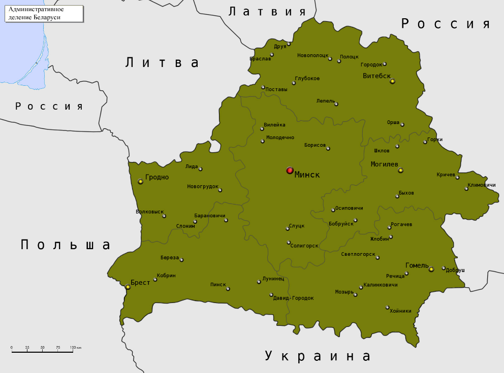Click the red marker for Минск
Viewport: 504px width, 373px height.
pyautogui.click(x=290, y=171)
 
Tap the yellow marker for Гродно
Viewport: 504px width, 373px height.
pyautogui.click(x=141, y=181)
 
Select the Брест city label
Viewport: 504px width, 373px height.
pyautogui.click(x=140, y=282)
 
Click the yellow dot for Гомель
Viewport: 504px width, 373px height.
pyautogui.click(x=431, y=269)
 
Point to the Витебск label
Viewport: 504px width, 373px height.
pyautogui.click(x=376, y=76)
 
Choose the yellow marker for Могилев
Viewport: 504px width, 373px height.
pyautogui.click(x=400, y=171)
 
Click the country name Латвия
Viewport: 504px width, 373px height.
pyautogui.click(x=267, y=12)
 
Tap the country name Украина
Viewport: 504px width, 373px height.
pyautogui.click(x=318, y=356)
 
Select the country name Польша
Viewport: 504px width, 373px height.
pyautogui.click(x=66, y=245)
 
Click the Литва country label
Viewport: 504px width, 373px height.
pyautogui.click(x=162, y=62)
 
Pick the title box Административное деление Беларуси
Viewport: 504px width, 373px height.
pyautogui.click(x=44, y=13)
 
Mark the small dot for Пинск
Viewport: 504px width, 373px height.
pyautogui.click(x=228, y=289)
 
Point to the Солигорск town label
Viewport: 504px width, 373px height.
pyautogui.click(x=304, y=246)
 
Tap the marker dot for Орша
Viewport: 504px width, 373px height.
pyautogui.click(x=402, y=125)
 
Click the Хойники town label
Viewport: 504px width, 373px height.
pyautogui.click(x=400, y=311)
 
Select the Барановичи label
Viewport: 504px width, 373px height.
pyautogui.click(x=209, y=216)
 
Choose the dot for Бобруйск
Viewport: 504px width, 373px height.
pyautogui.click(x=356, y=220)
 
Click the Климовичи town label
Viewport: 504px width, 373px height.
pyautogui.click(x=481, y=185)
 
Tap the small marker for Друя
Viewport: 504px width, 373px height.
pyautogui.click(x=289, y=44)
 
